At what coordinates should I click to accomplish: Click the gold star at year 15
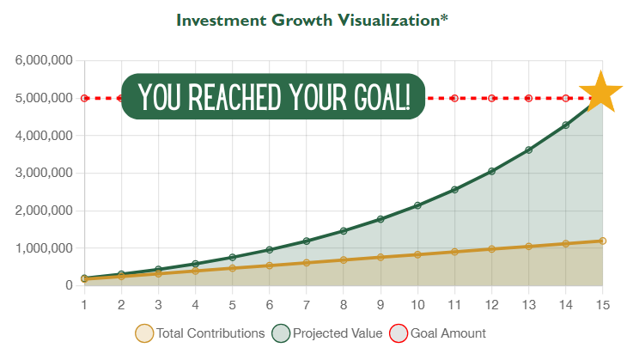[600, 93]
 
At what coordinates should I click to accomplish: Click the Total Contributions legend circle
[144, 333]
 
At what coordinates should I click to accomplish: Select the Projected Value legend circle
[281, 333]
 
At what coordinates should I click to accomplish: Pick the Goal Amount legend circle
[399, 333]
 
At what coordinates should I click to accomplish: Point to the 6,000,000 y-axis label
[44, 61]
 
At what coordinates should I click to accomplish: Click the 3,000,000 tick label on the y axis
[44, 173]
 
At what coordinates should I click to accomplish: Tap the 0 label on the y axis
[69, 285]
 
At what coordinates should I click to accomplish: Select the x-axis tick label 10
[417, 305]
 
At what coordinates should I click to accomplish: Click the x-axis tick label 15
[602, 305]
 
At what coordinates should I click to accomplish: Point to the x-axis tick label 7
[307, 305]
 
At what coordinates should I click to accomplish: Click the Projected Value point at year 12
[491, 171]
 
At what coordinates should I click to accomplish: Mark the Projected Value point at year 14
[566, 125]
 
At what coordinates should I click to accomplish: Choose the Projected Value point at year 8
[344, 231]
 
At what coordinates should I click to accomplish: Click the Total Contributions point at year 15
[603, 241]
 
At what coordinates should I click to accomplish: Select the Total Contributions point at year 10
[417, 254]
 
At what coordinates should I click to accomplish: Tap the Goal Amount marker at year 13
[528, 98]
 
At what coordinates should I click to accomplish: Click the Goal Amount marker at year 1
[84, 98]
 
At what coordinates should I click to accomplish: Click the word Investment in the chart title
[222, 21]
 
